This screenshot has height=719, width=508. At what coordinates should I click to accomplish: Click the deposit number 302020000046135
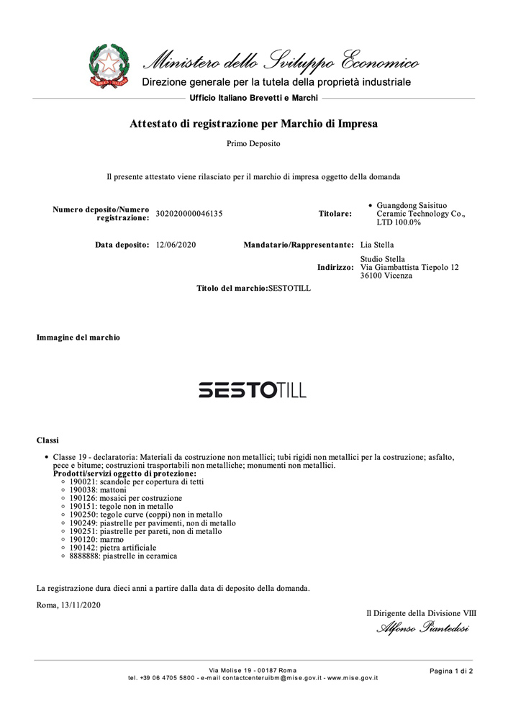(189, 214)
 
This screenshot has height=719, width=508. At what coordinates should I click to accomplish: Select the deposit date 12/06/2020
(176, 245)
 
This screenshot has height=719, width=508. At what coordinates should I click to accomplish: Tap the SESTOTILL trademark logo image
(253, 390)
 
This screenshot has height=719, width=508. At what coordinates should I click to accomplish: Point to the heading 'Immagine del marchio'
(78, 337)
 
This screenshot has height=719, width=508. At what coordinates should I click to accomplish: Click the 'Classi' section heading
(47, 440)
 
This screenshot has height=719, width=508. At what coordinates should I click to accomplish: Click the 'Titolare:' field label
(335, 214)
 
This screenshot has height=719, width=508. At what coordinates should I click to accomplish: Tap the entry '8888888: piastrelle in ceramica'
(123, 556)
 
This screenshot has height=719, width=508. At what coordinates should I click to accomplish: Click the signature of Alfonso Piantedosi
(422, 629)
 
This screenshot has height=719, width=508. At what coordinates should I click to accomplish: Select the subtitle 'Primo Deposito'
(253, 143)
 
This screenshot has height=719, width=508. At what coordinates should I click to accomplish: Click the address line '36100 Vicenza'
(386, 276)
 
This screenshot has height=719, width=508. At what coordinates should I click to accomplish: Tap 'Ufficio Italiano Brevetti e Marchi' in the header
(253, 97)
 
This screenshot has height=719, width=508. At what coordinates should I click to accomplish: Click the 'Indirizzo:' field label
(335, 267)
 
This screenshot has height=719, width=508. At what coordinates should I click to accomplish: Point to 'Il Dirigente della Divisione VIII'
(421, 613)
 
